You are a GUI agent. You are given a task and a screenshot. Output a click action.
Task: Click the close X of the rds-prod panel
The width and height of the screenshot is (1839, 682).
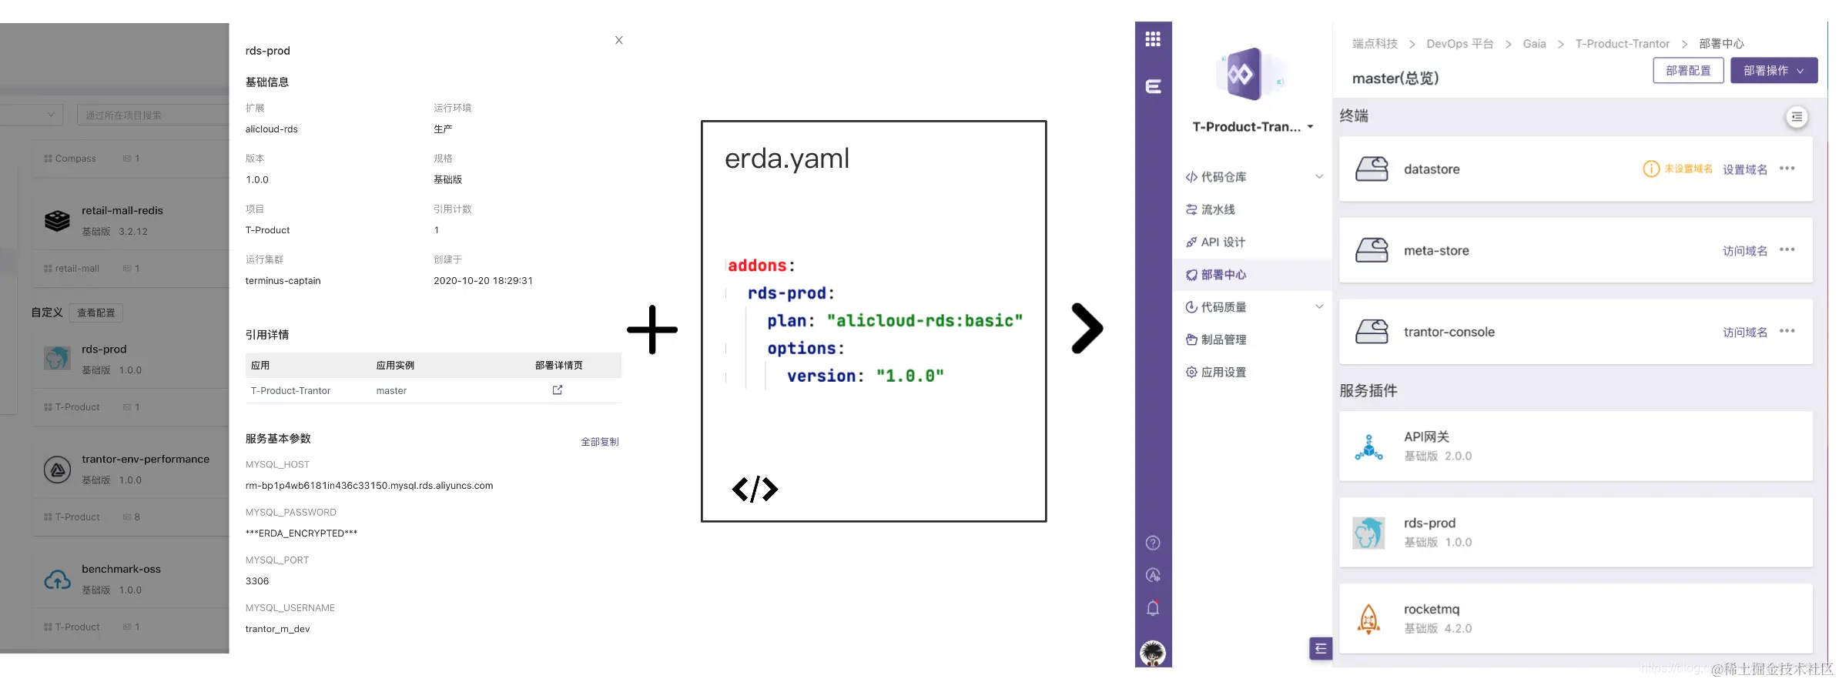coord(619,40)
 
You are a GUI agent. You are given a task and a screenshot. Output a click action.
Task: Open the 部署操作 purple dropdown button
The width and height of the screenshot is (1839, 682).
coord(1774,70)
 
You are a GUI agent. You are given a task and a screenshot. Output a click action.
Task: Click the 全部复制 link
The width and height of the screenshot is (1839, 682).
coord(599,442)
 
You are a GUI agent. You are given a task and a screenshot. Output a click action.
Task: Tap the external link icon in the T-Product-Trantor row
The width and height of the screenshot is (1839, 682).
coord(558,390)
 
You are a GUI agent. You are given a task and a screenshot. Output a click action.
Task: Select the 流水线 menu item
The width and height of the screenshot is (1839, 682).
coord(1218,209)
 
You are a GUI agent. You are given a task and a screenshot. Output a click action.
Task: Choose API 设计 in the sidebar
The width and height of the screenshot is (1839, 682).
coord(1222,242)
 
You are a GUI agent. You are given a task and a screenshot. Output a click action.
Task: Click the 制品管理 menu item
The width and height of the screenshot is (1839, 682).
coord(1223,339)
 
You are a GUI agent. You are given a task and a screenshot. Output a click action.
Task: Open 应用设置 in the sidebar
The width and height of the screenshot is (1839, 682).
coord(1223,372)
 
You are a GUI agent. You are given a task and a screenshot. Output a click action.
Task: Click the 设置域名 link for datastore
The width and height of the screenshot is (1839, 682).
coord(1744,169)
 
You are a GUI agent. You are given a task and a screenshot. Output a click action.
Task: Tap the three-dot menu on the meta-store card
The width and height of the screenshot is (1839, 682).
coord(1787,249)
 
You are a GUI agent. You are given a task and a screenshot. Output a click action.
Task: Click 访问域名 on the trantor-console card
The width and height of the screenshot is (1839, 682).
coord(1744,332)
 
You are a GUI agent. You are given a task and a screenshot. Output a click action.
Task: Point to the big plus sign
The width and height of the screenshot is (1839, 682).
coord(652,329)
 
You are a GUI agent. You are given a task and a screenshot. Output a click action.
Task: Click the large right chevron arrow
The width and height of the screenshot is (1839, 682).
coord(1087,329)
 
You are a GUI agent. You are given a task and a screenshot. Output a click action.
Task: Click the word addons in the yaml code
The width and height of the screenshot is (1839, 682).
coord(757,266)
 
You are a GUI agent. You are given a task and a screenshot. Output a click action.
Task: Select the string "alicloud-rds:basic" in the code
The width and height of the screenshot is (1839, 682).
coord(925,321)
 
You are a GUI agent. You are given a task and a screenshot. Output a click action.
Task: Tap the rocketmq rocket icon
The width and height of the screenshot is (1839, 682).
coord(1368,619)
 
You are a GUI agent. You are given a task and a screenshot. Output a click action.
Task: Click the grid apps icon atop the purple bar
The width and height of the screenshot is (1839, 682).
coord(1153,39)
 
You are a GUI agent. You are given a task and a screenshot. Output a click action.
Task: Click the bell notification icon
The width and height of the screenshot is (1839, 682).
coord(1153,608)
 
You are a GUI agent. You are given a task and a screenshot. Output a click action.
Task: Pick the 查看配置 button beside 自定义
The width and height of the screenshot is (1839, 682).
coord(96,313)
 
